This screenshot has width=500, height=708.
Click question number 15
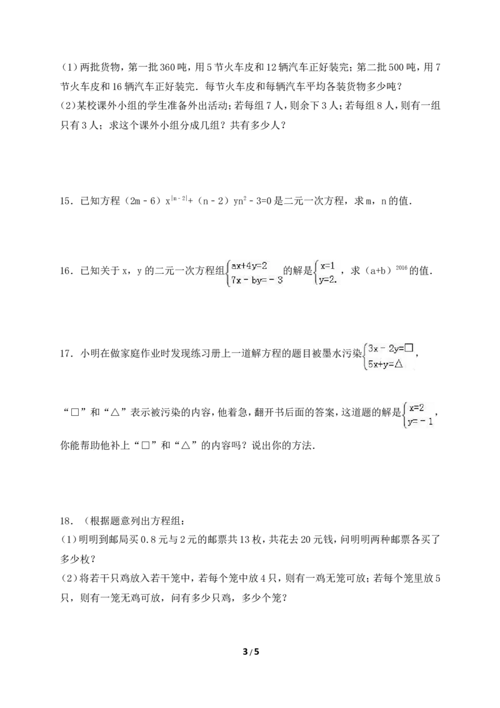(67, 201)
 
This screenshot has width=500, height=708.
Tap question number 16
(67, 271)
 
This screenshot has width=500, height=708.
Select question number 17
(67, 353)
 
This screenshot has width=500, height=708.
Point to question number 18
(67, 522)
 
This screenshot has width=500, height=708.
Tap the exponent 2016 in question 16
(401, 268)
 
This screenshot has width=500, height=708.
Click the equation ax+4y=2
(249, 266)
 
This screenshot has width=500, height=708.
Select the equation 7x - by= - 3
(257, 280)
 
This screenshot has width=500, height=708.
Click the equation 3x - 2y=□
(391, 348)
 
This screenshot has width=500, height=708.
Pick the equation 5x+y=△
(385, 364)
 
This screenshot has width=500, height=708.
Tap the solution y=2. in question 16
(328, 280)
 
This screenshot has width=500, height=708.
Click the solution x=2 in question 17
(416, 407)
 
